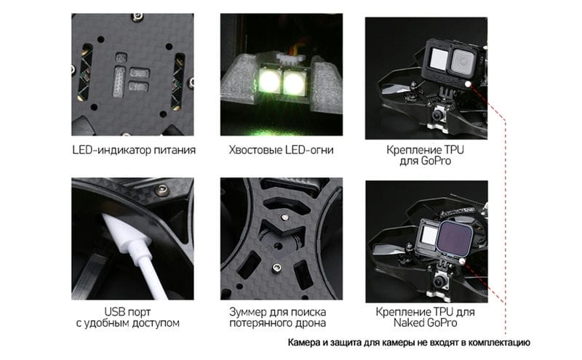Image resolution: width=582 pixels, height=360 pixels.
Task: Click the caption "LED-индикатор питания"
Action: click(134, 150)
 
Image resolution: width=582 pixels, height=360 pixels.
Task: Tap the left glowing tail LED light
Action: click(269, 81)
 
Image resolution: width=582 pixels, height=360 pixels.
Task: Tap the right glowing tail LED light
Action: click(294, 81)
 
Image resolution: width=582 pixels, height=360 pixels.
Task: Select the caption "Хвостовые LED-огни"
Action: click(281, 150)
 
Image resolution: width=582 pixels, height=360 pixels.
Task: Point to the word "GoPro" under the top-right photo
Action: click(436, 161)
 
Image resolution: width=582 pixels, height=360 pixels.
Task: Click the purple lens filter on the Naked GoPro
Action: click(455, 238)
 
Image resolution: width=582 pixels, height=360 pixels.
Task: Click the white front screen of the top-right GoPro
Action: click(439, 59)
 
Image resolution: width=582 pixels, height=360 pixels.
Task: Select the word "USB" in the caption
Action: click(114, 312)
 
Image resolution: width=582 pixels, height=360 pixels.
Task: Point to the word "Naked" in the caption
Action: click(409, 323)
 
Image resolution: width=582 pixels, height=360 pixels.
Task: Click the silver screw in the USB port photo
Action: click(162, 190)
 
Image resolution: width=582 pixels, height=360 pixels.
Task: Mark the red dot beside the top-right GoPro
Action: click(468, 84)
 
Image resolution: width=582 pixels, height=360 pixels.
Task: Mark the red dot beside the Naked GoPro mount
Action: click(462, 261)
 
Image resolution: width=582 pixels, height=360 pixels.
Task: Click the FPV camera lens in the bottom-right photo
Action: click(440, 283)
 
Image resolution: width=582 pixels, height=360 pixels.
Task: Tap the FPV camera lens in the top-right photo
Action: click(438, 114)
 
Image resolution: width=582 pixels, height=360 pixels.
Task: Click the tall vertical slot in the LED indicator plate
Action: click(119, 81)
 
